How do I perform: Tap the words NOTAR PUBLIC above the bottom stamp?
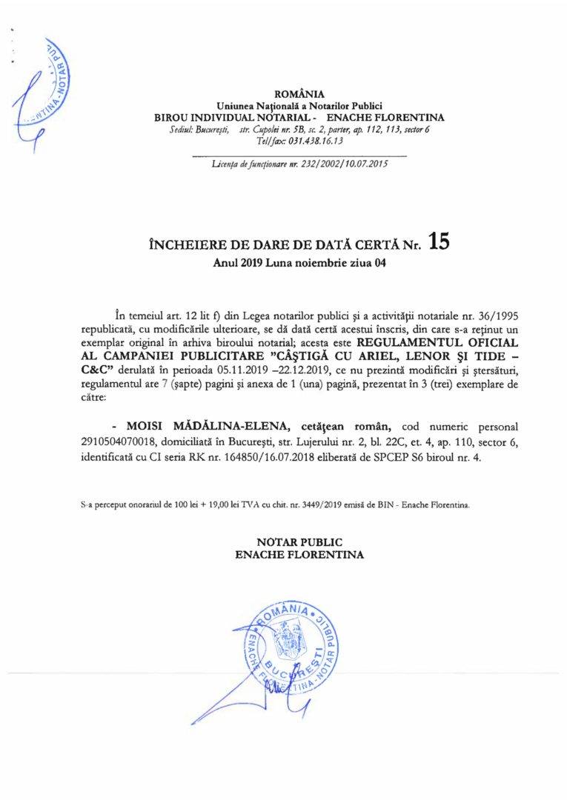pyautogui.click(x=299, y=542)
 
